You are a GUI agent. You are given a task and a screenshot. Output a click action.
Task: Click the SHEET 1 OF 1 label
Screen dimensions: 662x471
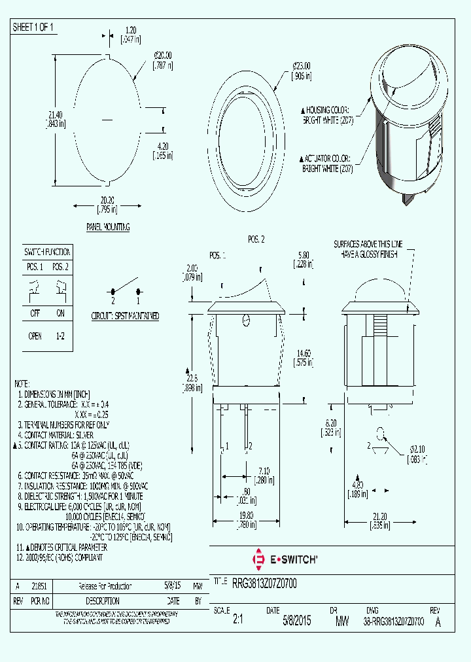click(33, 27)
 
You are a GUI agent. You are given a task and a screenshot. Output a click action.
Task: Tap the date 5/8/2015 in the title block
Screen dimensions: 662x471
click(296, 621)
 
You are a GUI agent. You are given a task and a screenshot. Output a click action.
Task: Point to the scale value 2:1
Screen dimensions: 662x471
click(237, 621)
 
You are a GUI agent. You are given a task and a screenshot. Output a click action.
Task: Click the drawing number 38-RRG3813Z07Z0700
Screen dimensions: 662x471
click(393, 621)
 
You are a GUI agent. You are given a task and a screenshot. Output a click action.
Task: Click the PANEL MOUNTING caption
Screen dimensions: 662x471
click(108, 227)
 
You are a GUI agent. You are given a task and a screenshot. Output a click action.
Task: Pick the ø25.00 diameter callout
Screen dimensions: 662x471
click(301, 71)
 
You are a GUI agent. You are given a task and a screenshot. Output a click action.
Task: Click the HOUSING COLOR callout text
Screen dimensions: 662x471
click(326, 115)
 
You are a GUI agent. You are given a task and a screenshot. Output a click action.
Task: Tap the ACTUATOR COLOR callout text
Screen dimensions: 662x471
click(326, 164)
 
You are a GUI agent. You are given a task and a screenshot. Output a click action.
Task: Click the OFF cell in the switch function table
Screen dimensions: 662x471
click(35, 313)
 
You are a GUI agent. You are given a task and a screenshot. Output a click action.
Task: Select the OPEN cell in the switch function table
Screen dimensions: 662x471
click(35, 336)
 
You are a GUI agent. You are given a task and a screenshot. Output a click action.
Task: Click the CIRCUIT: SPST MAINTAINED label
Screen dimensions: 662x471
click(126, 316)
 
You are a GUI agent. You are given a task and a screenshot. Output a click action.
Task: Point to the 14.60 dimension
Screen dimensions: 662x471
click(302, 357)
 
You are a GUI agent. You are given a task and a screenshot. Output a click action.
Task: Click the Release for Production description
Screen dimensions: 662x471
click(105, 586)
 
